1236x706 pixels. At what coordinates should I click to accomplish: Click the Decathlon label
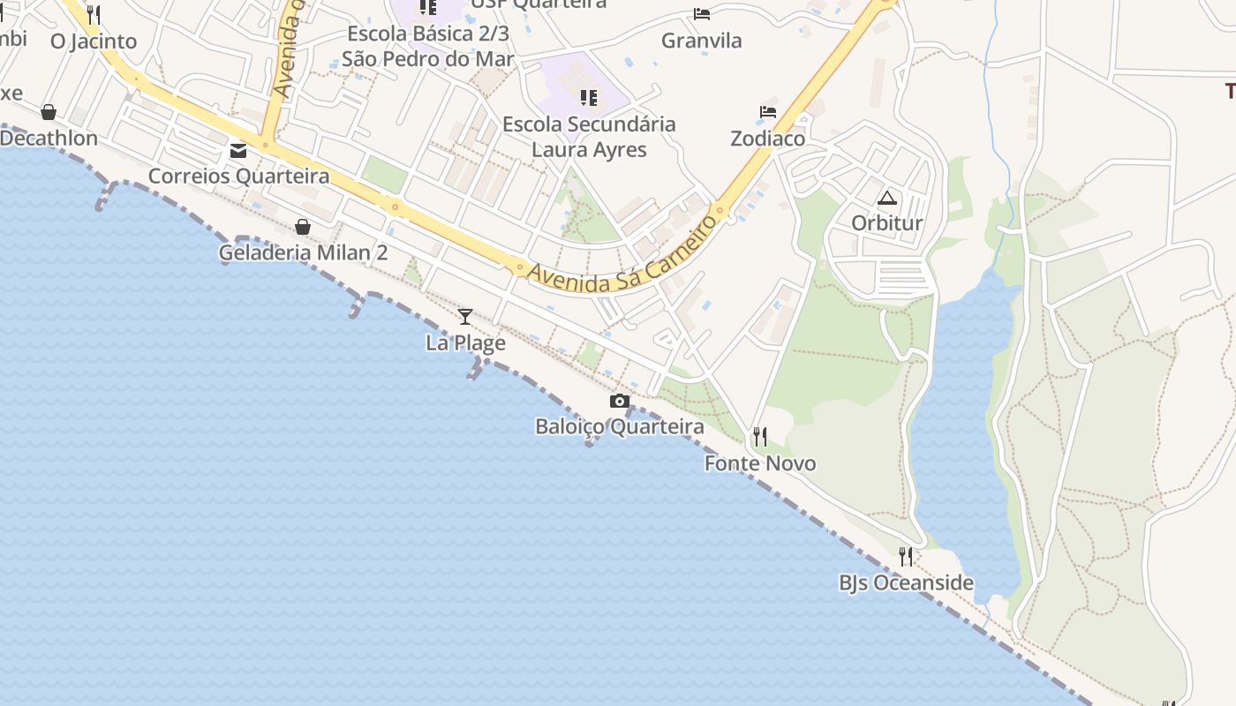tap(49, 139)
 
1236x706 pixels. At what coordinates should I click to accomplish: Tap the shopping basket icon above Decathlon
tap(49, 112)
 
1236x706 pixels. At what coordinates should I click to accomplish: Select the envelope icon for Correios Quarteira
tap(238, 150)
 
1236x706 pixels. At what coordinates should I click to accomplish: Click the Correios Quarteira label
tap(238, 176)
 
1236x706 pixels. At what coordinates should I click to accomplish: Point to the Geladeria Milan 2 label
tap(303, 252)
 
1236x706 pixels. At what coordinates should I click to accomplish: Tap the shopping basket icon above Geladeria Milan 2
tap(303, 227)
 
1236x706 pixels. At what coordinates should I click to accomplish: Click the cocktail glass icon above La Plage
tap(465, 316)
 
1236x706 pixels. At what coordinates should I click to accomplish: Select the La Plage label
tap(465, 342)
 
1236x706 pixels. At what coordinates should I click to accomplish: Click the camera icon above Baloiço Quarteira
tap(620, 402)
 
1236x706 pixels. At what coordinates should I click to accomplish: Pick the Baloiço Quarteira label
tap(620, 427)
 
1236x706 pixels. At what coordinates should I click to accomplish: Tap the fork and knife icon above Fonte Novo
tap(759, 437)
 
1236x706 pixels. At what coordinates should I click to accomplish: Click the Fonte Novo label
tap(759, 463)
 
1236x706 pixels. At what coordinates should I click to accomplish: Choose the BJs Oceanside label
tap(906, 582)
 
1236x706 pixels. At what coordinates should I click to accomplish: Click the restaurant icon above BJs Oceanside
tap(906, 556)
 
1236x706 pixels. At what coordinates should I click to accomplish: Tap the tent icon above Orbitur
tap(887, 198)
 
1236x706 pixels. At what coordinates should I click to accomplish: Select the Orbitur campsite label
tap(887, 223)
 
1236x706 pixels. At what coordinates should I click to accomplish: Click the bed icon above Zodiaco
tap(768, 112)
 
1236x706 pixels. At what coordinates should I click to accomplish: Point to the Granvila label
tap(702, 41)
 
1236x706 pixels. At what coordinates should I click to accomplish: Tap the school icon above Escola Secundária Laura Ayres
tap(589, 97)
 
